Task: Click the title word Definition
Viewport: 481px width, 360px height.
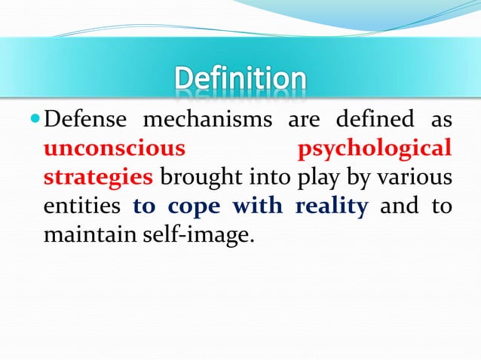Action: pos(241,79)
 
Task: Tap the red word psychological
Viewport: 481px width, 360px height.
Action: pos(375,149)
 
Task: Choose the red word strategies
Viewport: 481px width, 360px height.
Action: pos(98,178)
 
